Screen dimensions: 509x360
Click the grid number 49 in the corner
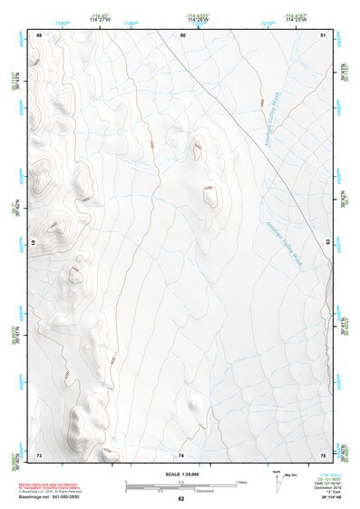point(39,35)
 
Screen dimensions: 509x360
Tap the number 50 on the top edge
point(183,35)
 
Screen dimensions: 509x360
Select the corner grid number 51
point(323,35)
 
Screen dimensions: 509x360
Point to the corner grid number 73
point(39,454)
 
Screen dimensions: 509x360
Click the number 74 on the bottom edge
point(181,454)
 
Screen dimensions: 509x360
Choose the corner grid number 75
point(323,454)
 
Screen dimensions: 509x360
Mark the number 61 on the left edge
point(34,243)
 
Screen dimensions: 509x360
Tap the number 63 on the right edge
point(327,240)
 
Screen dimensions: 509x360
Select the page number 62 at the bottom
point(181,499)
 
